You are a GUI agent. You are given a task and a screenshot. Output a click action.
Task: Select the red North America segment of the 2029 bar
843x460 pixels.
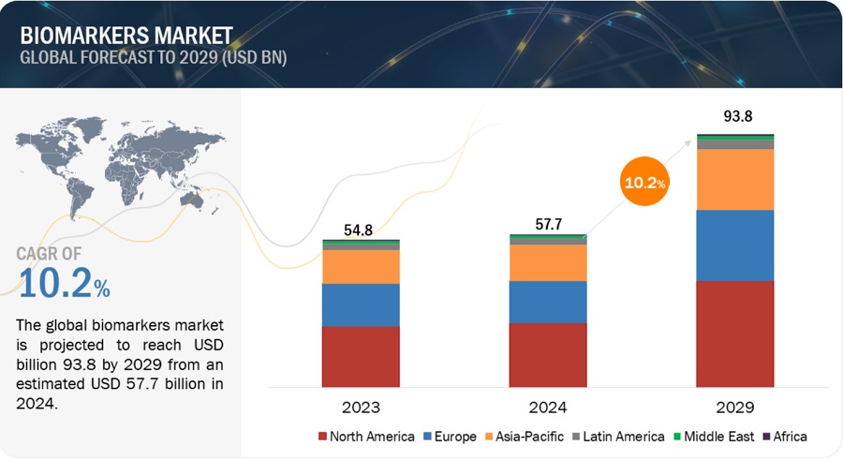tap(735, 333)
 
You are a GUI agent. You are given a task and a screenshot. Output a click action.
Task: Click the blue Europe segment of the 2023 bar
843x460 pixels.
tap(361, 304)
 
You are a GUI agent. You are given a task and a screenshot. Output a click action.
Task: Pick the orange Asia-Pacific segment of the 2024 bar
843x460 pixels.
tap(548, 262)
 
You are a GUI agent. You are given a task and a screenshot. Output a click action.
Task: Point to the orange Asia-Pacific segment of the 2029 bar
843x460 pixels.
tap(735, 179)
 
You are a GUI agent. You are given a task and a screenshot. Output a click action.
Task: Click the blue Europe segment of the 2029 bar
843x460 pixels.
tap(735, 245)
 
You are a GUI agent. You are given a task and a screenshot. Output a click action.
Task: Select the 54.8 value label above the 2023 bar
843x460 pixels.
tap(361, 230)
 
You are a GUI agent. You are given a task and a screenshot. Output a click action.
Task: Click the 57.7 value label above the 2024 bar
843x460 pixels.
tap(548, 225)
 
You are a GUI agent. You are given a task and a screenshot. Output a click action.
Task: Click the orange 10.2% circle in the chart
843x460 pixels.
tap(644, 183)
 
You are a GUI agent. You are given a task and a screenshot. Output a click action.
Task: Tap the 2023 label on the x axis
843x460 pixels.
tap(361, 408)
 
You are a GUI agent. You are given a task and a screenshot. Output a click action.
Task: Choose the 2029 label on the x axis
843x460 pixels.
tap(735, 408)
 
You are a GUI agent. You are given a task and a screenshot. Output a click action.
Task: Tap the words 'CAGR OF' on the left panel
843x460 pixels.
tap(52, 253)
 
